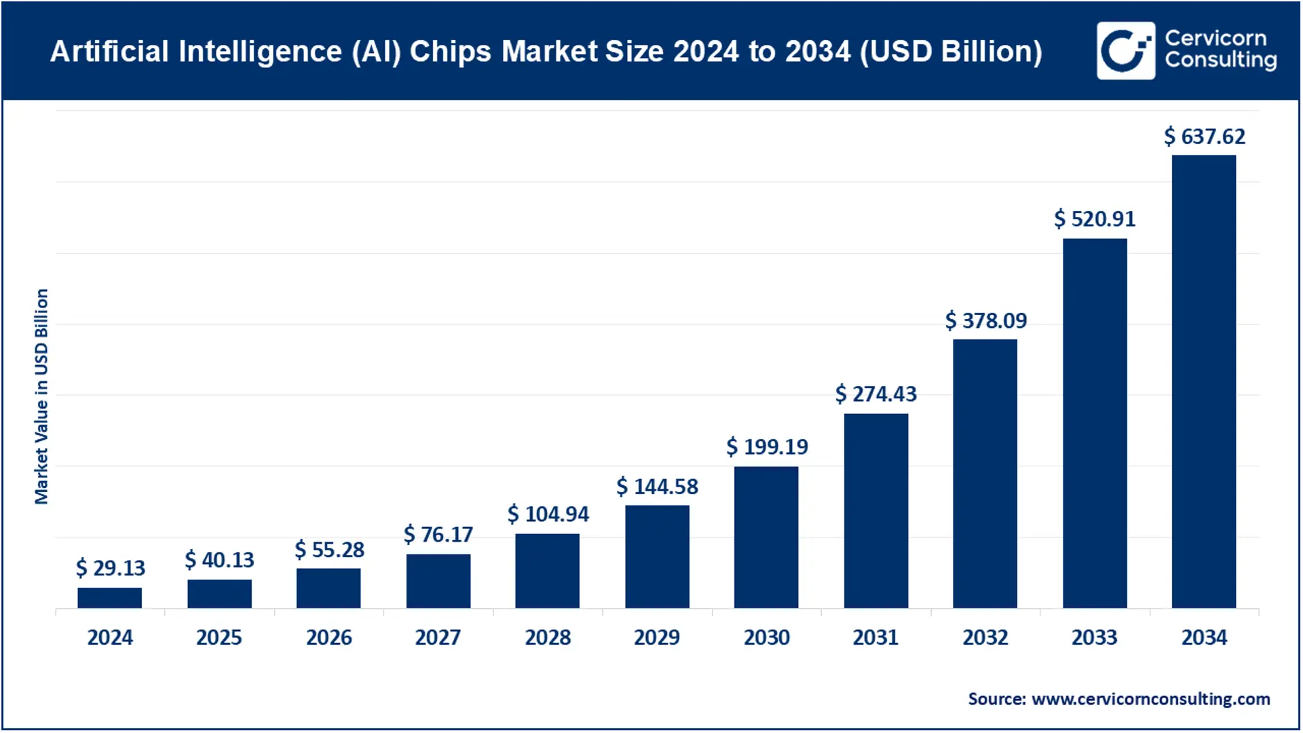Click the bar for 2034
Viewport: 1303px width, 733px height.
pyautogui.click(x=1203, y=381)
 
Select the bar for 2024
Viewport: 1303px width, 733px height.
pyautogui.click(x=109, y=598)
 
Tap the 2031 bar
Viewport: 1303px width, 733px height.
pyautogui.click(x=875, y=510)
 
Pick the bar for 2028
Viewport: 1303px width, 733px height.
pyautogui.click(x=547, y=571)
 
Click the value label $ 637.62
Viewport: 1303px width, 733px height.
pyautogui.click(x=1205, y=136)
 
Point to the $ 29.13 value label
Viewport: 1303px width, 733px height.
pyautogui.click(x=111, y=567)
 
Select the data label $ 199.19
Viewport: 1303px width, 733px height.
pyautogui.click(x=767, y=447)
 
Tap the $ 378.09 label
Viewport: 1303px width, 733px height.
pyautogui.click(x=986, y=320)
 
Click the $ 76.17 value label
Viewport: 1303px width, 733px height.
pyautogui.click(x=438, y=535)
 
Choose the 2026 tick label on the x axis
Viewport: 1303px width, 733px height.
pyautogui.click(x=328, y=637)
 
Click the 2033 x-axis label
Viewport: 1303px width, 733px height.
pyautogui.click(x=1094, y=637)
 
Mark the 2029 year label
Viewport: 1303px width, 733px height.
pyautogui.click(x=656, y=637)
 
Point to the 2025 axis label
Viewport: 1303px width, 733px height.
pyautogui.click(x=219, y=637)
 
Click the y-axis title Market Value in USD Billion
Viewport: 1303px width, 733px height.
pyautogui.click(x=41, y=396)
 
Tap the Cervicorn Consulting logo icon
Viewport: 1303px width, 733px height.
pyautogui.click(x=1125, y=51)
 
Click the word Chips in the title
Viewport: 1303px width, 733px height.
pyautogui.click(x=450, y=52)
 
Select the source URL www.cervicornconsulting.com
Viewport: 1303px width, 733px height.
pyautogui.click(x=1150, y=699)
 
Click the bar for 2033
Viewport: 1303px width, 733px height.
pyautogui.click(x=1094, y=423)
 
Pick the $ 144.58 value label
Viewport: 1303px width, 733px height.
pyautogui.click(x=657, y=487)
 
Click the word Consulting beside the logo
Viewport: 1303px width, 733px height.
pyautogui.click(x=1220, y=60)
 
